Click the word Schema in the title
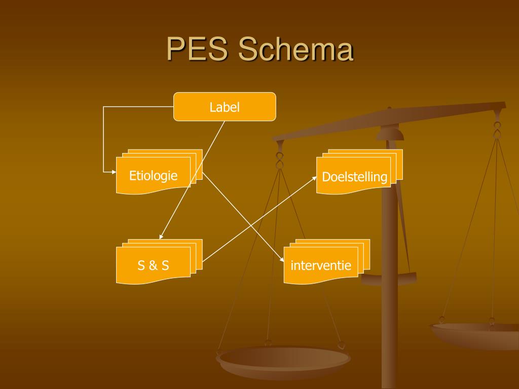point(295,50)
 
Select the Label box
point(225,107)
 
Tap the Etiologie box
point(153,176)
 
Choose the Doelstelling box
point(354,177)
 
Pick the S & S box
point(153,265)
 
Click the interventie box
point(320,265)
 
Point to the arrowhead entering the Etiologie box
point(114,172)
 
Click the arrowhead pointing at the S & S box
point(161,237)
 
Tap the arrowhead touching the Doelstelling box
point(314,177)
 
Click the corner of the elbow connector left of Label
point(103,107)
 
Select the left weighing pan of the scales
point(283,359)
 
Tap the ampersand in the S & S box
point(153,265)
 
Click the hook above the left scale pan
point(279,160)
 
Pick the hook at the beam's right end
point(497,129)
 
